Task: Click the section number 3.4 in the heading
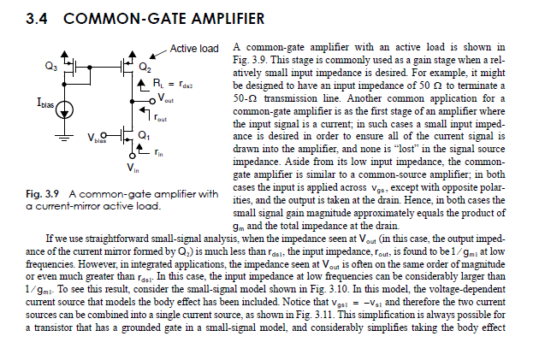pyautogui.click(x=39, y=18)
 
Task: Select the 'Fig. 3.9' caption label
pyautogui.click(x=44, y=194)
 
